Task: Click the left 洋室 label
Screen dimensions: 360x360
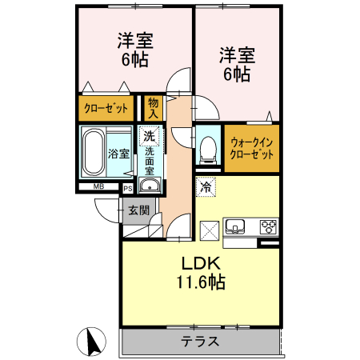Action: pos(135,39)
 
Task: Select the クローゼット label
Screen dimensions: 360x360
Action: pos(106,108)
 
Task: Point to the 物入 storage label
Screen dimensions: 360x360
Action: pos(152,107)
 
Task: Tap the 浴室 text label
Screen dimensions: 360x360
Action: pos(118,153)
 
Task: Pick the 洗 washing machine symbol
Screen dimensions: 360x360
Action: pos(149,137)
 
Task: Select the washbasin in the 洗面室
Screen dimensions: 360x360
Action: pos(149,186)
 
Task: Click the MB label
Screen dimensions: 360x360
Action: pos(98,187)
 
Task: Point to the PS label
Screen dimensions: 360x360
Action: pos(128,188)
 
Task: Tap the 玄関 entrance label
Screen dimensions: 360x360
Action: pos(138,210)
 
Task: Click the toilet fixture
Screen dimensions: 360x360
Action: pos(208,147)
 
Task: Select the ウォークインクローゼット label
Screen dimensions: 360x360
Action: pos(251,148)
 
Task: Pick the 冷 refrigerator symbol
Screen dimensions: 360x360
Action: pos(206,187)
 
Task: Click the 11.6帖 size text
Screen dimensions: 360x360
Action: pos(200,282)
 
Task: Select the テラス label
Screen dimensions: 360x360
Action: pos(199,342)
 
